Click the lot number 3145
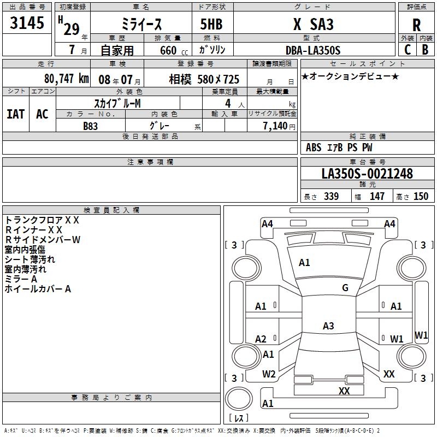pos(27,24)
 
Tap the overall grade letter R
pos(416,25)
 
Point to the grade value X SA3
pos(313,25)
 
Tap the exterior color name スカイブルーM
pos(117,103)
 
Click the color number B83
pos(91,126)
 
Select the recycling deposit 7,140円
pos(279,126)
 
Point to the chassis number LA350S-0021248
pos(367,174)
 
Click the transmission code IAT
pos(15,114)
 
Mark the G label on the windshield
pos(345,288)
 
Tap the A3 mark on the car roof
pos(328,326)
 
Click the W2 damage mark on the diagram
pos(268,374)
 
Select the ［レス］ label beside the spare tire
pos(239,418)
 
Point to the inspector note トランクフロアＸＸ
pos(42,220)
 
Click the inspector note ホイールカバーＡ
pos(38,289)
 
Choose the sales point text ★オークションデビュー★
pos(350,76)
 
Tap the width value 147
pos(377,197)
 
